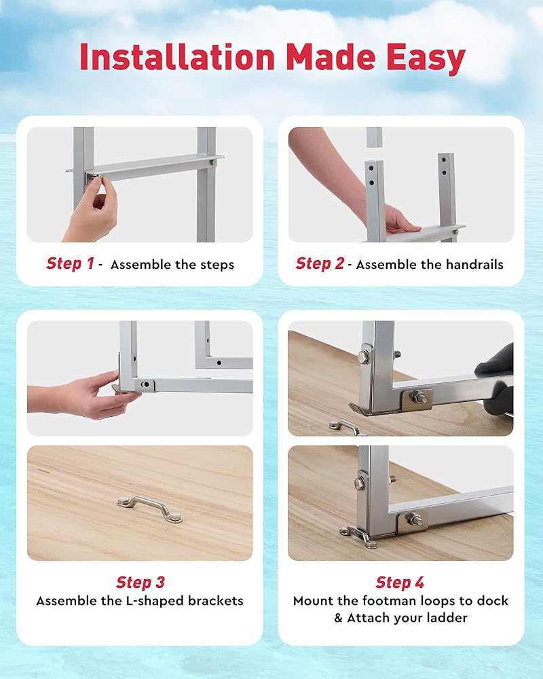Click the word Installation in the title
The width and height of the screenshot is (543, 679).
178,57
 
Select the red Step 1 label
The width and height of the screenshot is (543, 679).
70,263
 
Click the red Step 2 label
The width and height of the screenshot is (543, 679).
320,263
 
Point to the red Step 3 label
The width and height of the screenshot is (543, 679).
141,583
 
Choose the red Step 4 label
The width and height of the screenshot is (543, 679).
400,583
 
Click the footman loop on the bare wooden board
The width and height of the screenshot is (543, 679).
150,509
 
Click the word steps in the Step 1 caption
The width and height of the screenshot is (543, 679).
217,265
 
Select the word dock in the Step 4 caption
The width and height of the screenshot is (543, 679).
492,601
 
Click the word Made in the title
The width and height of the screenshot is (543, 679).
331,57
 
